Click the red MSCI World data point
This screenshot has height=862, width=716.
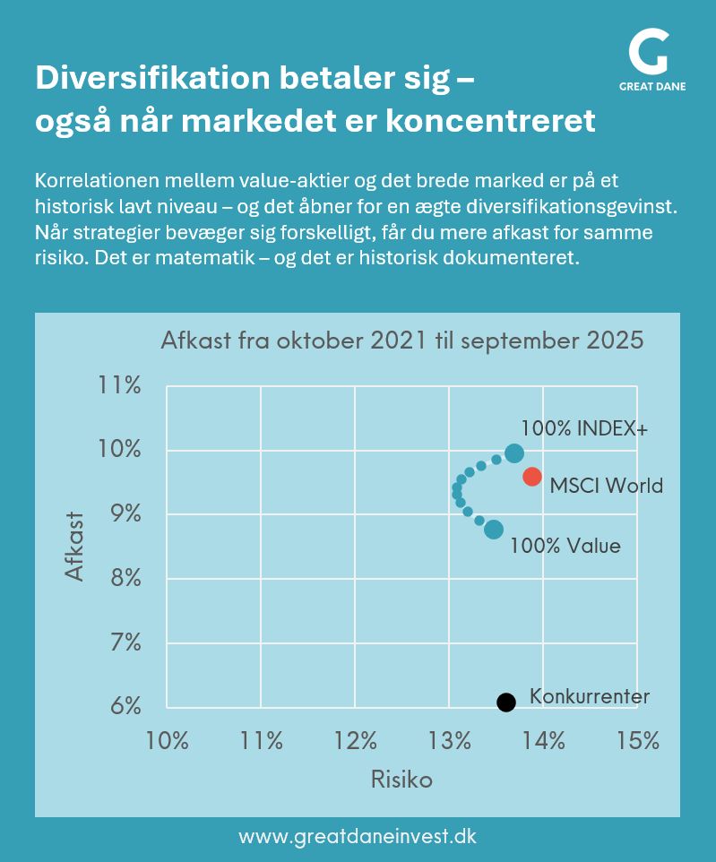[x=531, y=476]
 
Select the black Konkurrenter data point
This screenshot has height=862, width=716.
[x=506, y=702]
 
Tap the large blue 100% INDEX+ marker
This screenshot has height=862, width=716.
[x=513, y=453]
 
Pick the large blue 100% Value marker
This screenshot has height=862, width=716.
[x=494, y=530]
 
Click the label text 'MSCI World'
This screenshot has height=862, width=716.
[x=606, y=486]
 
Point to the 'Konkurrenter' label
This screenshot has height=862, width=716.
[x=589, y=696]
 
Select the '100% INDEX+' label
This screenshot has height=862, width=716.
[x=583, y=428]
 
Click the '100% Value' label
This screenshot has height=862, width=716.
[x=565, y=545]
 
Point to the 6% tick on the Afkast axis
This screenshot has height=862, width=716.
[x=125, y=706]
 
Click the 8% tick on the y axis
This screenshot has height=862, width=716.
[x=125, y=578]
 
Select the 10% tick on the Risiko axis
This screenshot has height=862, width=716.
[x=168, y=740]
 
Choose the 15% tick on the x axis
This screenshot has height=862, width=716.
[x=637, y=740]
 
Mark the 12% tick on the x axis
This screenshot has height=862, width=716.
[x=356, y=740]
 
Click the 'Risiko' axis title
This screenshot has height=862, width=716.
[x=401, y=780]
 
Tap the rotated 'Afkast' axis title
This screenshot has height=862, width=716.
[x=75, y=546]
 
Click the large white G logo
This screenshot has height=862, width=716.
[x=648, y=53]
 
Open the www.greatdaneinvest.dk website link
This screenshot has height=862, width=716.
[x=358, y=837]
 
